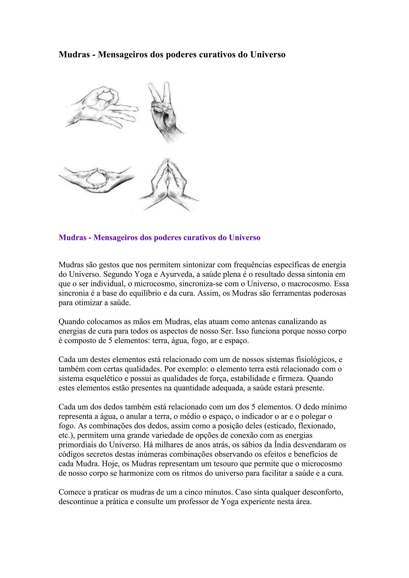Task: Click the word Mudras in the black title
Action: pos(74,55)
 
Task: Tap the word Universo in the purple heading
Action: pos(244,238)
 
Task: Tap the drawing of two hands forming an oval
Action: pos(96,179)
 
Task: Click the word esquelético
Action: pos(106,378)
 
